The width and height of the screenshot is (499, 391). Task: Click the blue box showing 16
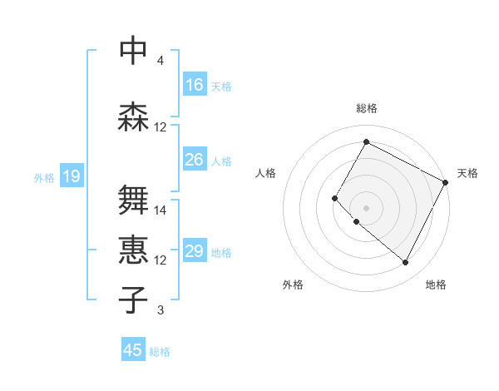tap(195, 85)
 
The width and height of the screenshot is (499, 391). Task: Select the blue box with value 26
tap(195, 160)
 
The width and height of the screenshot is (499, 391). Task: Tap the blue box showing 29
tap(195, 251)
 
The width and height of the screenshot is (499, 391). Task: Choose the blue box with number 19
tap(71, 176)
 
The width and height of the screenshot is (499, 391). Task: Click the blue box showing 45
tap(133, 350)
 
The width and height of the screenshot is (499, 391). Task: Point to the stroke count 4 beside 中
tap(161, 61)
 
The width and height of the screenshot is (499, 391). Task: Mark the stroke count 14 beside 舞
tap(161, 210)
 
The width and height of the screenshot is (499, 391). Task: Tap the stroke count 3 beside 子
tap(161, 310)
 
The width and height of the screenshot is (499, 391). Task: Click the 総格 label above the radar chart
tap(366, 108)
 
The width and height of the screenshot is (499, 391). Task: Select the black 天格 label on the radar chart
tap(467, 173)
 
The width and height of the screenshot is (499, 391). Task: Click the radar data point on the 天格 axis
tap(446, 181)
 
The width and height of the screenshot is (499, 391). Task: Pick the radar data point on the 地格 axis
tap(406, 263)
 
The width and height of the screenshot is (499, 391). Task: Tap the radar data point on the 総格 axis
tap(366, 142)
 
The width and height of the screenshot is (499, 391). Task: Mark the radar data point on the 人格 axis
tap(335, 198)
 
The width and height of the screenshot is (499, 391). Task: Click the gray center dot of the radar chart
tap(366, 207)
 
